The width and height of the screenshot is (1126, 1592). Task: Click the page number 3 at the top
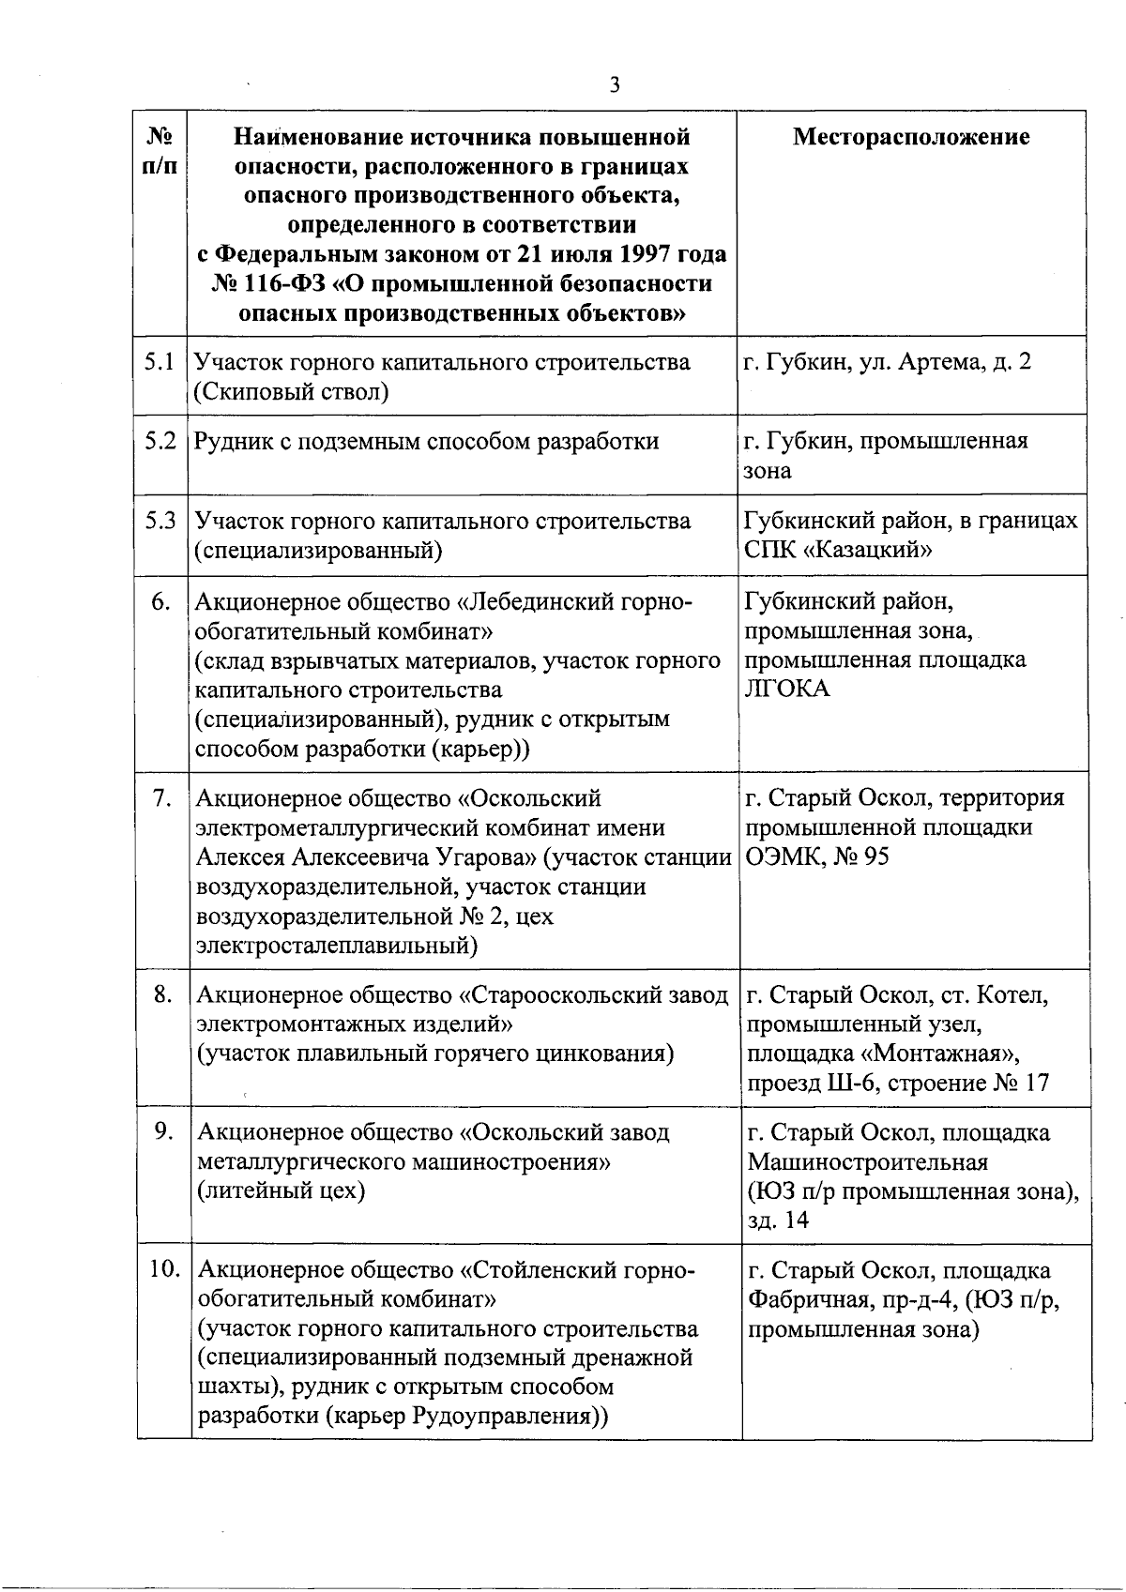[615, 85]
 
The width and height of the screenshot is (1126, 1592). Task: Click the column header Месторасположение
[911, 137]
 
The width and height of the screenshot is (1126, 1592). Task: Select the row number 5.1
[160, 361]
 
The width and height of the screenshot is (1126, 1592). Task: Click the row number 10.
[164, 1268]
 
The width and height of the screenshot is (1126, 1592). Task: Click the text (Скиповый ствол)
[291, 391]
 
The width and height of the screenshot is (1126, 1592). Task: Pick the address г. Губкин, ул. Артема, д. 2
[887, 361]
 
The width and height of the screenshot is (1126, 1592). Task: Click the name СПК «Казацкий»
[838, 550]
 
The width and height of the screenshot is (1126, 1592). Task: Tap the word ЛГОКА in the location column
[786, 690]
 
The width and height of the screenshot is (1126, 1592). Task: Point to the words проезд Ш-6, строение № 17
[898, 1083]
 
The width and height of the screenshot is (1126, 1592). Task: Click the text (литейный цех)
[281, 1190]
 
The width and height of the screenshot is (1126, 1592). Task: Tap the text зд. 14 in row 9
[778, 1220]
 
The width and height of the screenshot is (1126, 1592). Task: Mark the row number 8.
[163, 993]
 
